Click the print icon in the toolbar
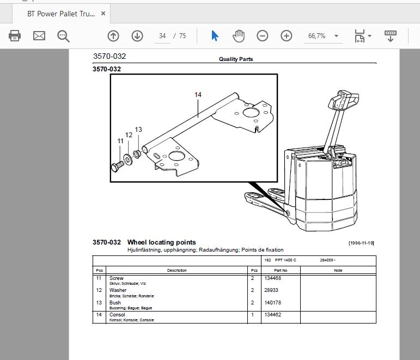(x=15, y=35)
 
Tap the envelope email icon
(x=39, y=35)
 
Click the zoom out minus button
(x=262, y=35)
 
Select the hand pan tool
(x=239, y=36)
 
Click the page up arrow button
(x=113, y=35)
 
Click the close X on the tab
(x=103, y=14)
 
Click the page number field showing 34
(x=162, y=36)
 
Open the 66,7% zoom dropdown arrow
(x=337, y=36)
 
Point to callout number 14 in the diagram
(x=198, y=95)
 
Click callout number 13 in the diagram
(x=138, y=130)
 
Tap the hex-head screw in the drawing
(x=118, y=166)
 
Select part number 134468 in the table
(x=273, y=278)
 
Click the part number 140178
(x=273, y=303)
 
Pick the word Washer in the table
(x=118, y=290)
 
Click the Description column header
(x=177, y=270)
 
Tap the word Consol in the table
(x=117, y=315)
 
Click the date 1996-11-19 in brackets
(x=361, y=243)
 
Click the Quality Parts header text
(x=236, y=59)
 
